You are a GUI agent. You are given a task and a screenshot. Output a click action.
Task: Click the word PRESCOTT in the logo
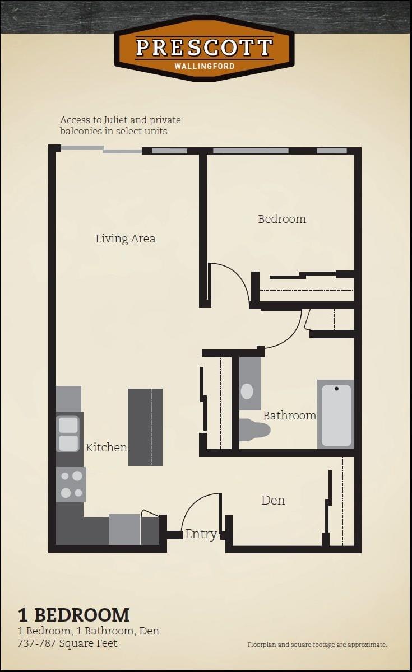click(204, 48)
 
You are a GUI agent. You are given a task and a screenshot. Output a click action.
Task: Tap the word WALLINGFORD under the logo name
click(204, 66)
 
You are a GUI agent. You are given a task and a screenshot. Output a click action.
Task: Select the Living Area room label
click(125, 239)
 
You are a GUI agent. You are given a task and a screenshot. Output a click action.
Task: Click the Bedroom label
click(282, 219)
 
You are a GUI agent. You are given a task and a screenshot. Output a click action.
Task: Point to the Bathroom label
click(289, 416)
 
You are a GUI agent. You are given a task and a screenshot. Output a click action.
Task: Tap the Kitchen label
click(106, 447)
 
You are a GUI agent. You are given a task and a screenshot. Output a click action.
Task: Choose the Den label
click(273, 500)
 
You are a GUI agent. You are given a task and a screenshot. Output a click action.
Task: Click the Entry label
click(201, 534)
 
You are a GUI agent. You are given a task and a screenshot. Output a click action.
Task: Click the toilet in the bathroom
click(255, 430)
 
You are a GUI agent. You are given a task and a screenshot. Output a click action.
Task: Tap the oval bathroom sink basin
click(247, 391)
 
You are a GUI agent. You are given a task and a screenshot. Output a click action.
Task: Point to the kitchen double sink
click(69, 434)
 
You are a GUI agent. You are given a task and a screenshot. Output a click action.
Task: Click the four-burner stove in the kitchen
click(71, 484)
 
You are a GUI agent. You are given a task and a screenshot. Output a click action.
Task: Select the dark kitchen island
click(145, 427)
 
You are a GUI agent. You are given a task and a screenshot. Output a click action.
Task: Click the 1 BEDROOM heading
click(73, 615)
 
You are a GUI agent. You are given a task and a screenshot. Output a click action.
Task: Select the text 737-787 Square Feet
click(68, 643)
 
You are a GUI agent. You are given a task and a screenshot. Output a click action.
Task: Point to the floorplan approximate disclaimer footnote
click(317, 645)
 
